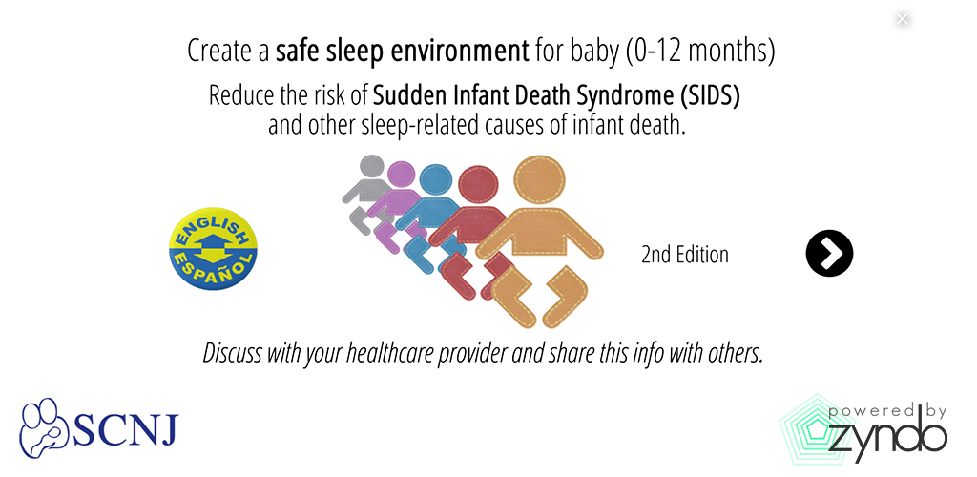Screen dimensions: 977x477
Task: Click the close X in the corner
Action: pos(902,19)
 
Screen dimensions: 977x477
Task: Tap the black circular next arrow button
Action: pos(829,254)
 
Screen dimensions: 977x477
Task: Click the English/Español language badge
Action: pos(213,248)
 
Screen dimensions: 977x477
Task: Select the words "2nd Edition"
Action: pos(685,255)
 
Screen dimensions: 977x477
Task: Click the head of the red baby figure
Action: pos(478,187)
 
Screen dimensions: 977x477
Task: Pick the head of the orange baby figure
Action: pos(539,181)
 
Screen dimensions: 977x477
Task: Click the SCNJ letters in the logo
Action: pos(126,429)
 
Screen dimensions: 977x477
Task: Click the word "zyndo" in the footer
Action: pos(888,437)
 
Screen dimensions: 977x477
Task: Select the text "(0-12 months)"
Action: pos(700,52)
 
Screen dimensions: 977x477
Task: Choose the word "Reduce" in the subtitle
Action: pos(235,96)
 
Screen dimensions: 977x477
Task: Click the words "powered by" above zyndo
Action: pos(887,411)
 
